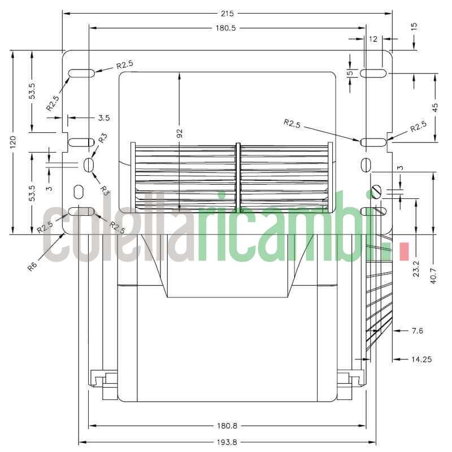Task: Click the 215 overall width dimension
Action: (227, 12)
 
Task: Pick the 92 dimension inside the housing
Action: (180, 134)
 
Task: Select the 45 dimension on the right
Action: (435, 107)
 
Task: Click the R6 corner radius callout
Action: (33, 264)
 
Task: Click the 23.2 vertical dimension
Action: (416, 266)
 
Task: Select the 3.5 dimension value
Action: (103, 118)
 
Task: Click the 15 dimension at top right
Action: (414, 27)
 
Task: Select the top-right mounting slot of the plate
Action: (373, 73)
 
